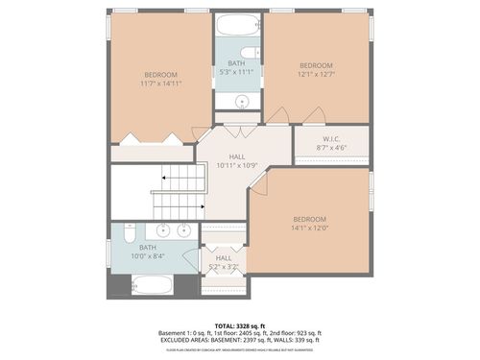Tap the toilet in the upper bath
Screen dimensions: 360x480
coord(249,53)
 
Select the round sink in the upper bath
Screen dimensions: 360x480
coord(242,100)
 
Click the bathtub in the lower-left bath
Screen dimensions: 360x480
coord(151,284)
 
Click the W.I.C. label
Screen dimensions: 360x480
coord(331,137)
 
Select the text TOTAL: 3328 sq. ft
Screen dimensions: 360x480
coord(239,326)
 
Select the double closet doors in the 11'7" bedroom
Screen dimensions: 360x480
coord(158,140)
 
